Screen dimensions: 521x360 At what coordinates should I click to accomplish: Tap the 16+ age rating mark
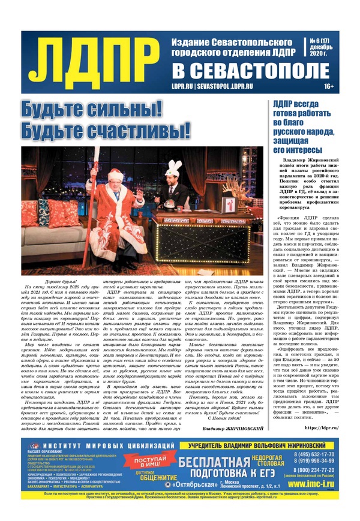click(x=328, y=86)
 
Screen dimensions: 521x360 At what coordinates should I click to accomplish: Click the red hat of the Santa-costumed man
click(x=114, y=174)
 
